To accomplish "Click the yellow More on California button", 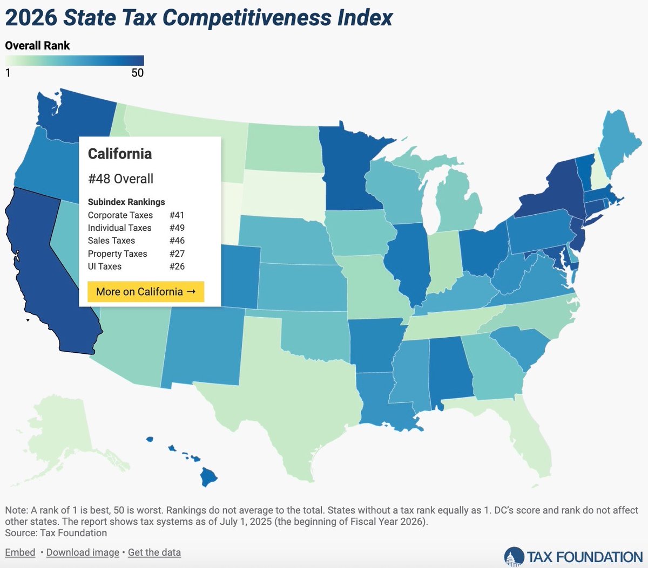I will click(146, 292).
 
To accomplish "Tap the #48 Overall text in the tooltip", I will click(120, 179).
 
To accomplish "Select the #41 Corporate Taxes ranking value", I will click(177, 215).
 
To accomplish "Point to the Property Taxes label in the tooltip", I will click(117, 254).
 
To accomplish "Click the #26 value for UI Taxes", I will click(177, 266).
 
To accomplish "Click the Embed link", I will click(20, 552).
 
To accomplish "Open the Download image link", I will click(83, 552).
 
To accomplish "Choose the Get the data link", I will click(154, 552).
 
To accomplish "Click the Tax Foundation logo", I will click(573, 557).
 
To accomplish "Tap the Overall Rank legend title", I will click(37, 46).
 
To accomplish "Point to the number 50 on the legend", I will click(137, 73).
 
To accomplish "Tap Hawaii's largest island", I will click(208, 476).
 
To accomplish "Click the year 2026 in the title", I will click(31, 17).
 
